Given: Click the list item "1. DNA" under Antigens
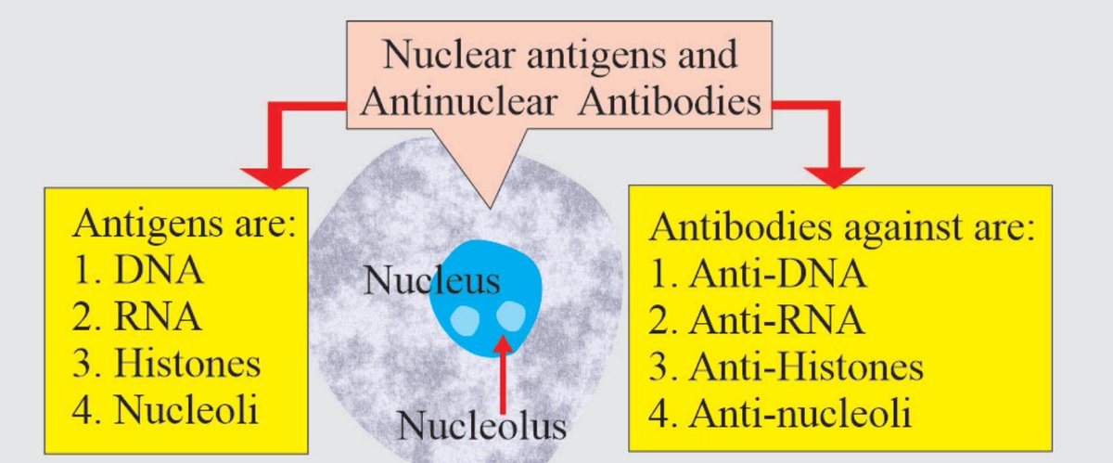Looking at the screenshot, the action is (x=138, y=273).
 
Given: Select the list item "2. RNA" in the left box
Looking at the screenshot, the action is (x=138, y=317).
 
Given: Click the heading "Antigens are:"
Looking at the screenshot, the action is (x=185, y=225).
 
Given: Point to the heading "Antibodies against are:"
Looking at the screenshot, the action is (x=843, y=228).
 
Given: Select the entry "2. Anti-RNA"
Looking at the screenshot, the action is (x=760, y=320).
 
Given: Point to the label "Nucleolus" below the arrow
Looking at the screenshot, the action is (x=481, y=426).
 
